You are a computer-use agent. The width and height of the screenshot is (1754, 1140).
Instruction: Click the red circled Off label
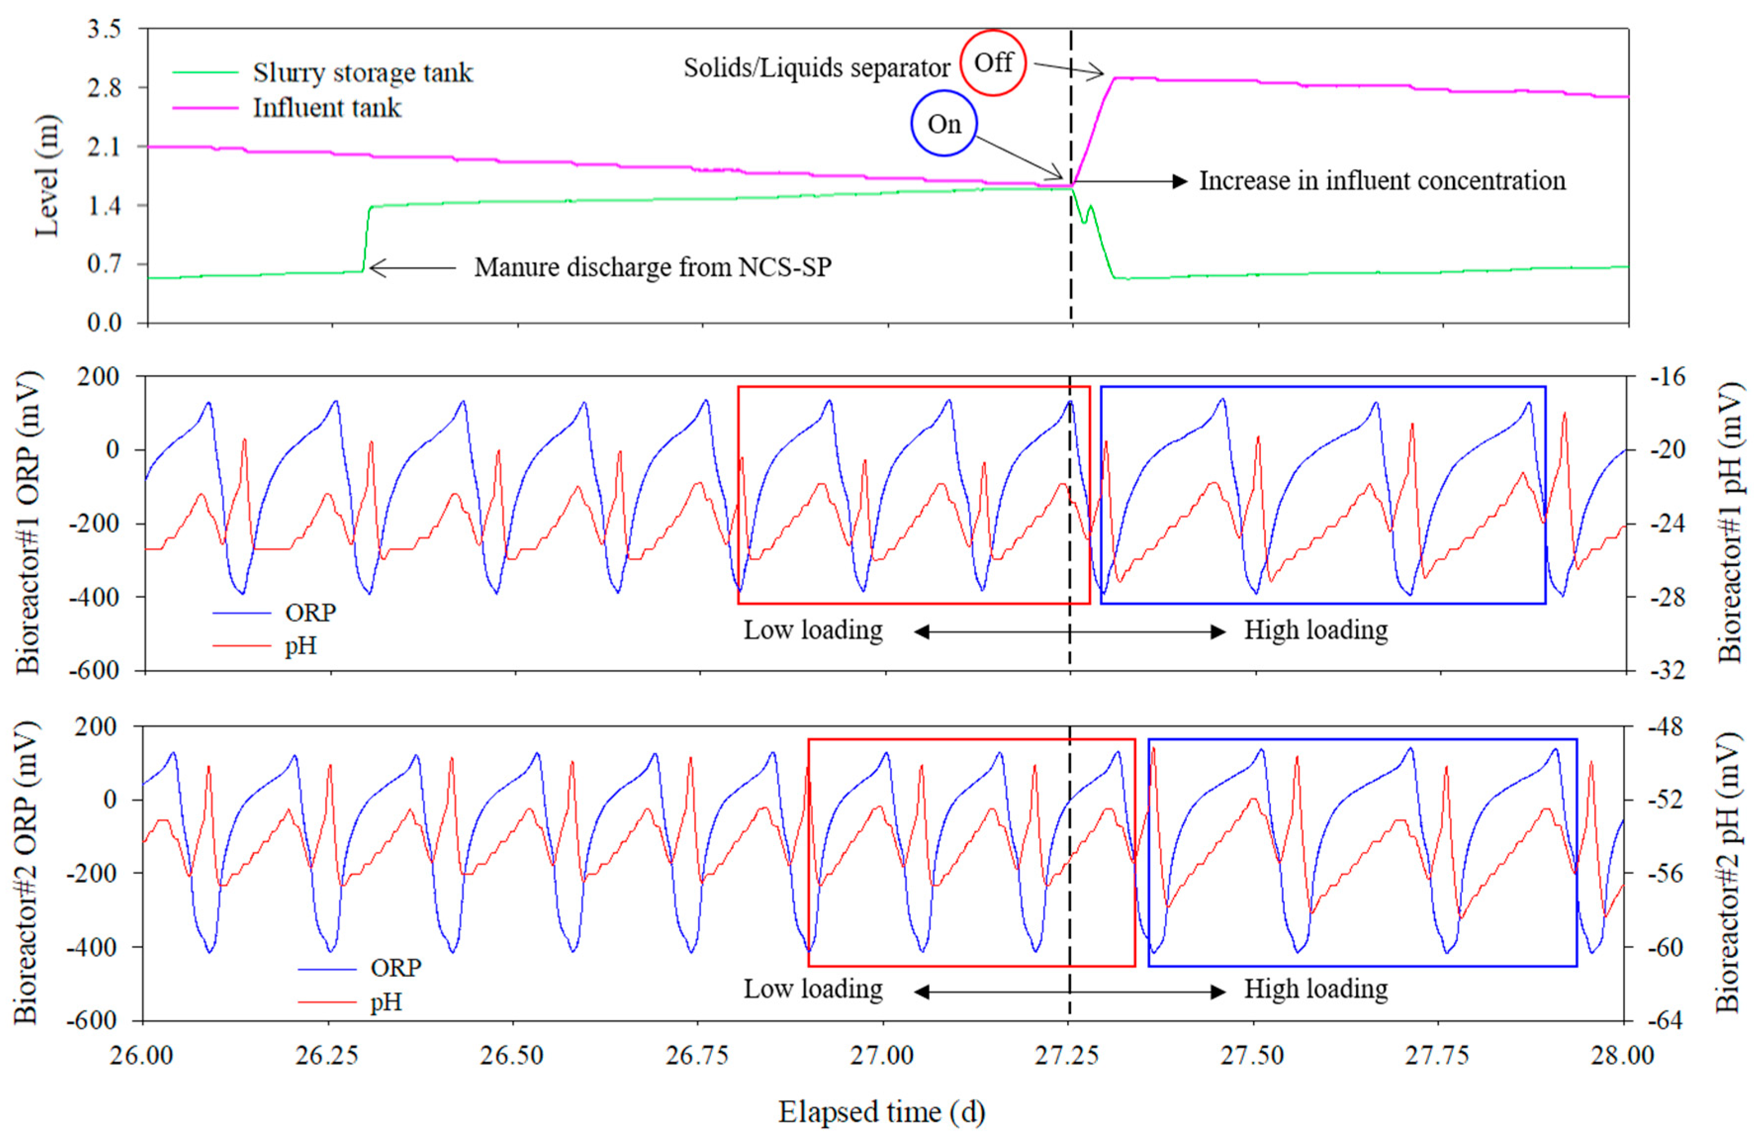pyautogui.click(x=992, y=63)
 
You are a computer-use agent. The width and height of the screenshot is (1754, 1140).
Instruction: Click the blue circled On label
pyautogui.click(x=944, y=124)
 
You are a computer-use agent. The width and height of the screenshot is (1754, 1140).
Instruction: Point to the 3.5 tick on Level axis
pyautogui.click(x=104, y=30)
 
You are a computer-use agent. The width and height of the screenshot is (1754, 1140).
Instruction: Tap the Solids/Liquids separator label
pyautogui.click(x=816, y=68)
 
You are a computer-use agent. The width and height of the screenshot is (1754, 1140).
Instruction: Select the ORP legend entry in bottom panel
pyautogui.click(x=395, y=967)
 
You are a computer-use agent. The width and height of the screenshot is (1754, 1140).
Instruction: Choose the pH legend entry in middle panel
pyautogui.click(x=300, y=646)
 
